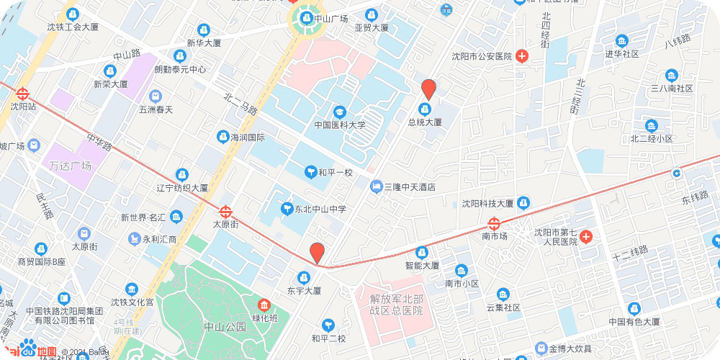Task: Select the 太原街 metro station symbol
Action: [226, 212]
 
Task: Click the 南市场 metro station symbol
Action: [494, 223]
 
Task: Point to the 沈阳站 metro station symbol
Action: [22, 94]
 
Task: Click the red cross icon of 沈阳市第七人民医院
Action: [587, 236]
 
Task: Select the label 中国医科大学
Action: [340, 125]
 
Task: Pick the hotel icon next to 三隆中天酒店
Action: [375, 186]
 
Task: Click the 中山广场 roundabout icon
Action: [305, 19]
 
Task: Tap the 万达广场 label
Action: [71, 166]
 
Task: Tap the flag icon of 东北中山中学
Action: [287, 210]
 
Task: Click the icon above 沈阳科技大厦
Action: [523, 203]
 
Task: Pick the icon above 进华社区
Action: [621, 40]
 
